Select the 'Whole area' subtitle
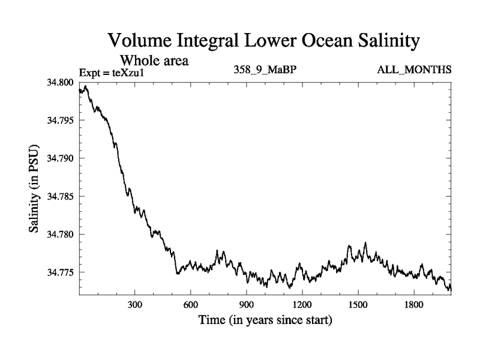click(155, 60)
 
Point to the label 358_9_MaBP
click(265, 70)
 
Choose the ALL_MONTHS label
click(414, 70)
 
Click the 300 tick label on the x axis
click(135, 305)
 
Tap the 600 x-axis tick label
click(191, 305)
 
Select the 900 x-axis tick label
click(247, 305)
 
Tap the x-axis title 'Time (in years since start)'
click(265, 320)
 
